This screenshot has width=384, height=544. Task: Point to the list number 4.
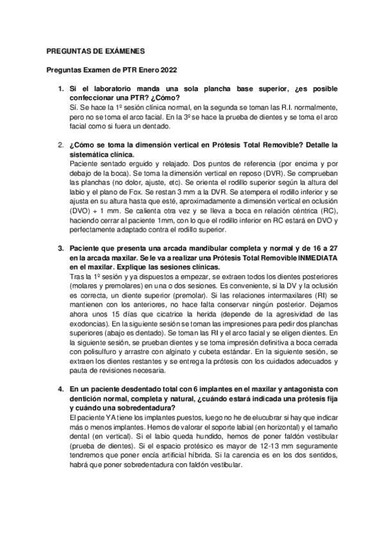(x=61, y=388)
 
